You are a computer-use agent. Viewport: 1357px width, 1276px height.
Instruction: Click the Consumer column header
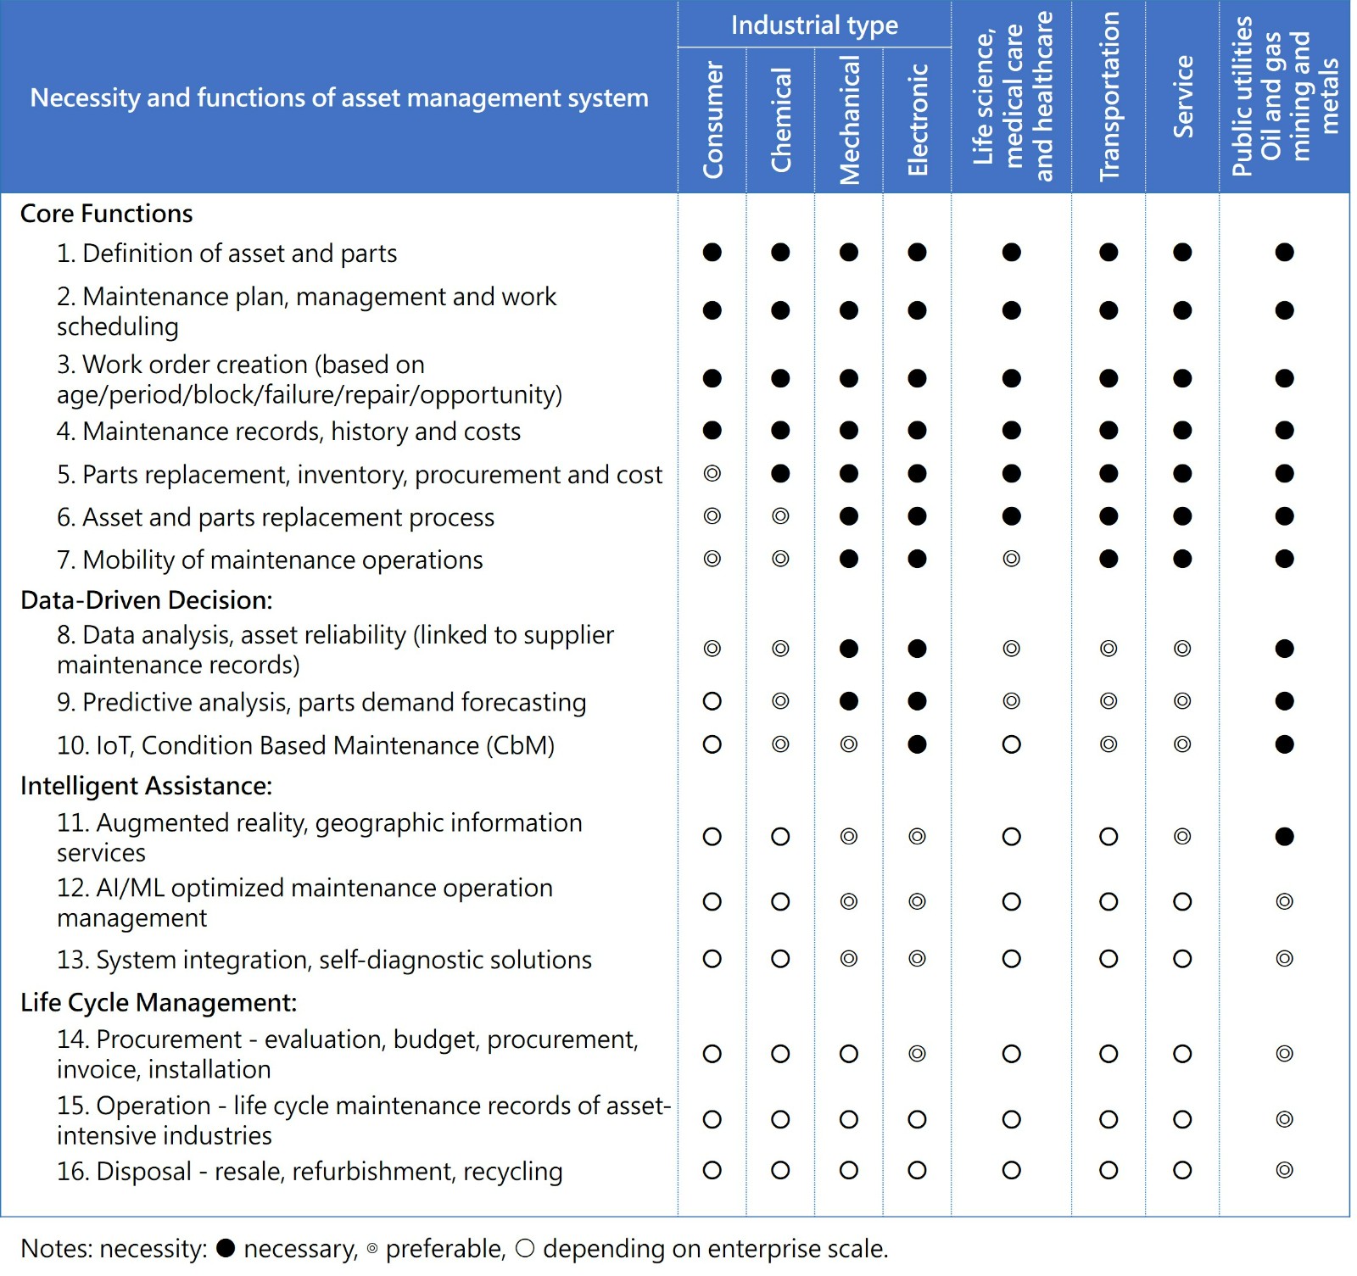pyautogui.click(x=712, y=120)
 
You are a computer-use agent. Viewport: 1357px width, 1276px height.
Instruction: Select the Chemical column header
pyautogui.click(x=780, y=120)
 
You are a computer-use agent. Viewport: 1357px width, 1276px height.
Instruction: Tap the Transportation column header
pyautogui.click(x=1108, y=97)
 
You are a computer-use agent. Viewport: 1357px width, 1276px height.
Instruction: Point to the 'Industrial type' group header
pyautogui.click(x=814, y=25)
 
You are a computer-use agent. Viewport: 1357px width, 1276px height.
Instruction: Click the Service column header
pyautogui.click(x=1182, y=97)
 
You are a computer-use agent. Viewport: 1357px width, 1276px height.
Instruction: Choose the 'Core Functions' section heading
pyautogui.click(x=107, y=214)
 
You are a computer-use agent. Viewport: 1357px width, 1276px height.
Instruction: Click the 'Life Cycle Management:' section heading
pyautogui.click(x=159, y=1002)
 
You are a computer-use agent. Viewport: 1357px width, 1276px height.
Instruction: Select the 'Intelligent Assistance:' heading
pyautogui.click(x=146, y=786)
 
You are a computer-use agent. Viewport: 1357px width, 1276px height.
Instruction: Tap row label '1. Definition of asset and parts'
pyautogui.click(x=226, y=254)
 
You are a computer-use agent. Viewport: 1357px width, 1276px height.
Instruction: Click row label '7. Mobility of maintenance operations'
pyautogui.click(x=270, y=560)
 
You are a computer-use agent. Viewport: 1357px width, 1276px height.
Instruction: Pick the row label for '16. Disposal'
pyautogui.click(x=310, y=1171)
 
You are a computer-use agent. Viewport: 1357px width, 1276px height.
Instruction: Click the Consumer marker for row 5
pyautogui.click(x=712, y=473)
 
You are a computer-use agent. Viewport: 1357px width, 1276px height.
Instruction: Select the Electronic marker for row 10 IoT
pyautogui.click(x=917, y=744)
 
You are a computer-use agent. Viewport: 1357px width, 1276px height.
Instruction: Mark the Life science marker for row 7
pyautogui.click(x=1011, y=559)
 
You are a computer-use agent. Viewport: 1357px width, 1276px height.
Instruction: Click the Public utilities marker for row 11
pyautogui.click(x=1284, y=837)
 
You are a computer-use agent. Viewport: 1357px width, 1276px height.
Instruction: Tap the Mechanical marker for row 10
pyautogui.click(x=849, y=744)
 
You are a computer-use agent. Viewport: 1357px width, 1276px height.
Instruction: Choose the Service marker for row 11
pyautogui.click(x=1182, y=837)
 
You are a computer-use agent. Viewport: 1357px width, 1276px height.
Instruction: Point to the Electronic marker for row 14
pyautogui.click(x=917, y=1054)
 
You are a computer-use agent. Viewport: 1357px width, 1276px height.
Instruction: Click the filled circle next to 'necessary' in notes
pyautogui.click(x=226, y=1248)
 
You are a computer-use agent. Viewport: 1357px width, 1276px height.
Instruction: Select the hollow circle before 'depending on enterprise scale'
pyautogui.click(x=525, y=1248)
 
